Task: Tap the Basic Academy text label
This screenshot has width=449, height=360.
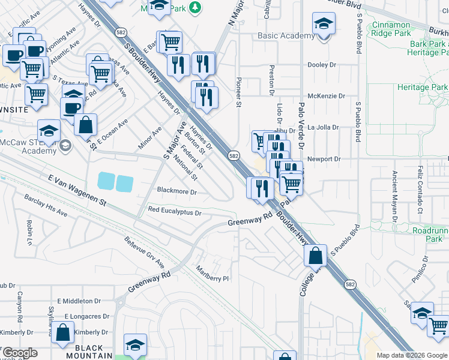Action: pos(286,36)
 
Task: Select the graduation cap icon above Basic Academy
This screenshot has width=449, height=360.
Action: pos(324,25)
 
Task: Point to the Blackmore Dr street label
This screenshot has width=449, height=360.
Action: pos(176,192)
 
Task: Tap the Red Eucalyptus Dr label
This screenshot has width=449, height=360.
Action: pos(174,211)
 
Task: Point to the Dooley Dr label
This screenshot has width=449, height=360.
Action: pos(322,65)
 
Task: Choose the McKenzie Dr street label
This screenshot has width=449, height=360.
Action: pos(326,96)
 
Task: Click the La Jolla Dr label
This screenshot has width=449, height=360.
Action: pos(324,127)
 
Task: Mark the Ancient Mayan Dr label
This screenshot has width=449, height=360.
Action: pos(394,192)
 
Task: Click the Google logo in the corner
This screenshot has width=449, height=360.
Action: pos(19,353)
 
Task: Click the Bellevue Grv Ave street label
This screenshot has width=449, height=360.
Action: pos(144,252)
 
